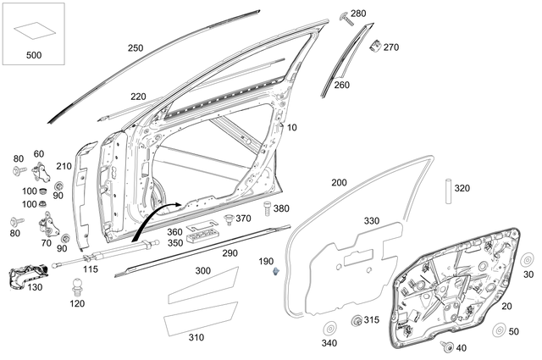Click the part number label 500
tap(34, 55)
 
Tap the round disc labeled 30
tap(524, 260)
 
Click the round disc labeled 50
tap(501, 330)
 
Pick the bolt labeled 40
tap(445, 345)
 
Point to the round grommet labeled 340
tap(330, 329)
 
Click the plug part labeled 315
tap(357, 320)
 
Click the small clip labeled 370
tap(228, 219)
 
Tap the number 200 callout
tap(339, 183)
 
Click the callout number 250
tap(135, 48)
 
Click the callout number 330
tap(372, 220)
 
